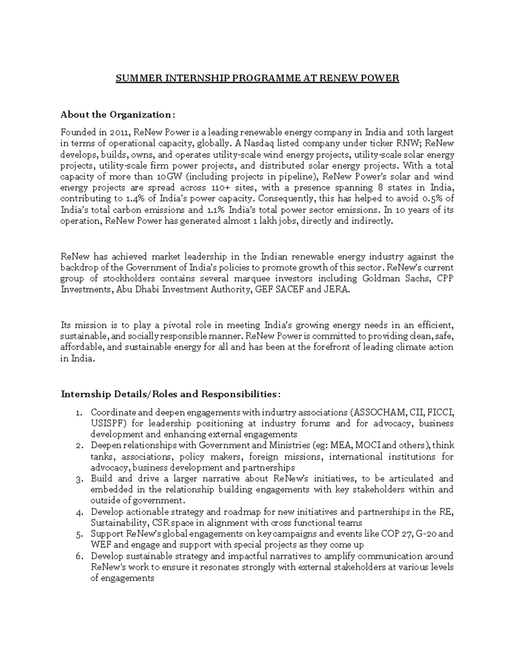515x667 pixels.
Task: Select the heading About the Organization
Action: (118, 115)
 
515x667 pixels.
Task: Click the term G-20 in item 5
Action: (427, 534)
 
